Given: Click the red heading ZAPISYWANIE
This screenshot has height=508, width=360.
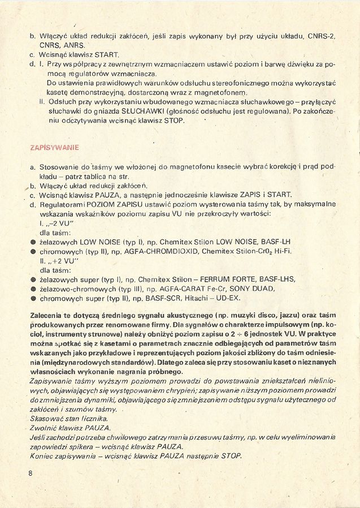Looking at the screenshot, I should (54, 148).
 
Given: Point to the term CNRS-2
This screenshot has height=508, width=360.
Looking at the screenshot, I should (321, 36).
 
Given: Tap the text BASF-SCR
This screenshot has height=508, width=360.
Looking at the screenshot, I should (177, 298).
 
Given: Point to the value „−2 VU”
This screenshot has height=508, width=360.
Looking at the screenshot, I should (60, 223).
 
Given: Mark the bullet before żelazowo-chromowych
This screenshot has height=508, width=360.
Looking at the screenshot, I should (33, 289).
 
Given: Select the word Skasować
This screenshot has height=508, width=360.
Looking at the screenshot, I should (47, 417).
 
